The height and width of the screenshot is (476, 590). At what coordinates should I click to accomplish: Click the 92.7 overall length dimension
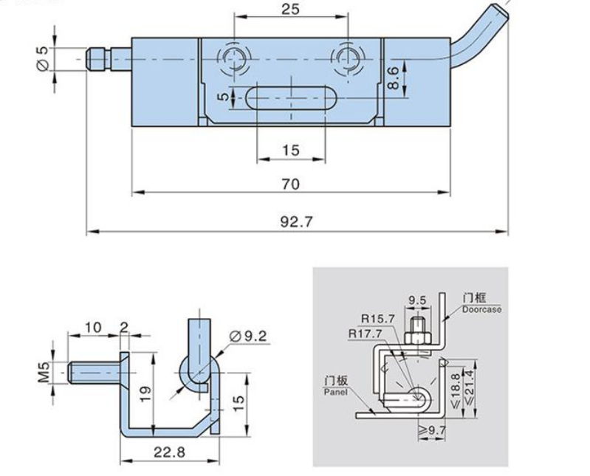coord(297,221)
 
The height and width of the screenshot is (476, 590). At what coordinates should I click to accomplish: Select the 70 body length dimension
coord(291,184)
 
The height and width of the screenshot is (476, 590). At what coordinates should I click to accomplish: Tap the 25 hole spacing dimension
coord(290,9)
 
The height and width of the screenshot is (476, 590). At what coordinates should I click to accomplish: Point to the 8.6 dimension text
coord(392,77)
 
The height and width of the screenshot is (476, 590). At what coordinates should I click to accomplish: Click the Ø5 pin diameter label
coord(43,58)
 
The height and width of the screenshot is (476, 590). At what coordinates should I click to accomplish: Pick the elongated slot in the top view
coord(291,97)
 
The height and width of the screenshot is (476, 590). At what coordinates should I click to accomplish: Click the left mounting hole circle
coord(234,58)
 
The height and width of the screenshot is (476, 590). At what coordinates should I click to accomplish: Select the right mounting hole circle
coord(348,58)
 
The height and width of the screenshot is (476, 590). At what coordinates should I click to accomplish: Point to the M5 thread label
coord(44,372)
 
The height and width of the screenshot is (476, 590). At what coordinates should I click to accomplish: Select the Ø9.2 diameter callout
coord(248,336)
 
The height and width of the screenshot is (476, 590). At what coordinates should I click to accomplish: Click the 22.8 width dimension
coord(169,452)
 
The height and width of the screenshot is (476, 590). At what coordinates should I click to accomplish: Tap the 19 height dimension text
coord(145,394)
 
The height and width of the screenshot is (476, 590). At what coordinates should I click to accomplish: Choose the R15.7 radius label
coord(378,319)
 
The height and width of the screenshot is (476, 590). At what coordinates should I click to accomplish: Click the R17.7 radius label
coord(365,334)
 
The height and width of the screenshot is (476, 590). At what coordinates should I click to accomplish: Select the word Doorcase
coord(482,310)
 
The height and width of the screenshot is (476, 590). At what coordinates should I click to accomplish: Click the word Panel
coord(336,392)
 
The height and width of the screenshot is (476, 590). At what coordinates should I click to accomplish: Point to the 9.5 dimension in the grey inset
coord(417,300)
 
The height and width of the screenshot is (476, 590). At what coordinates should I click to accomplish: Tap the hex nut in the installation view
coord(418,338)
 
